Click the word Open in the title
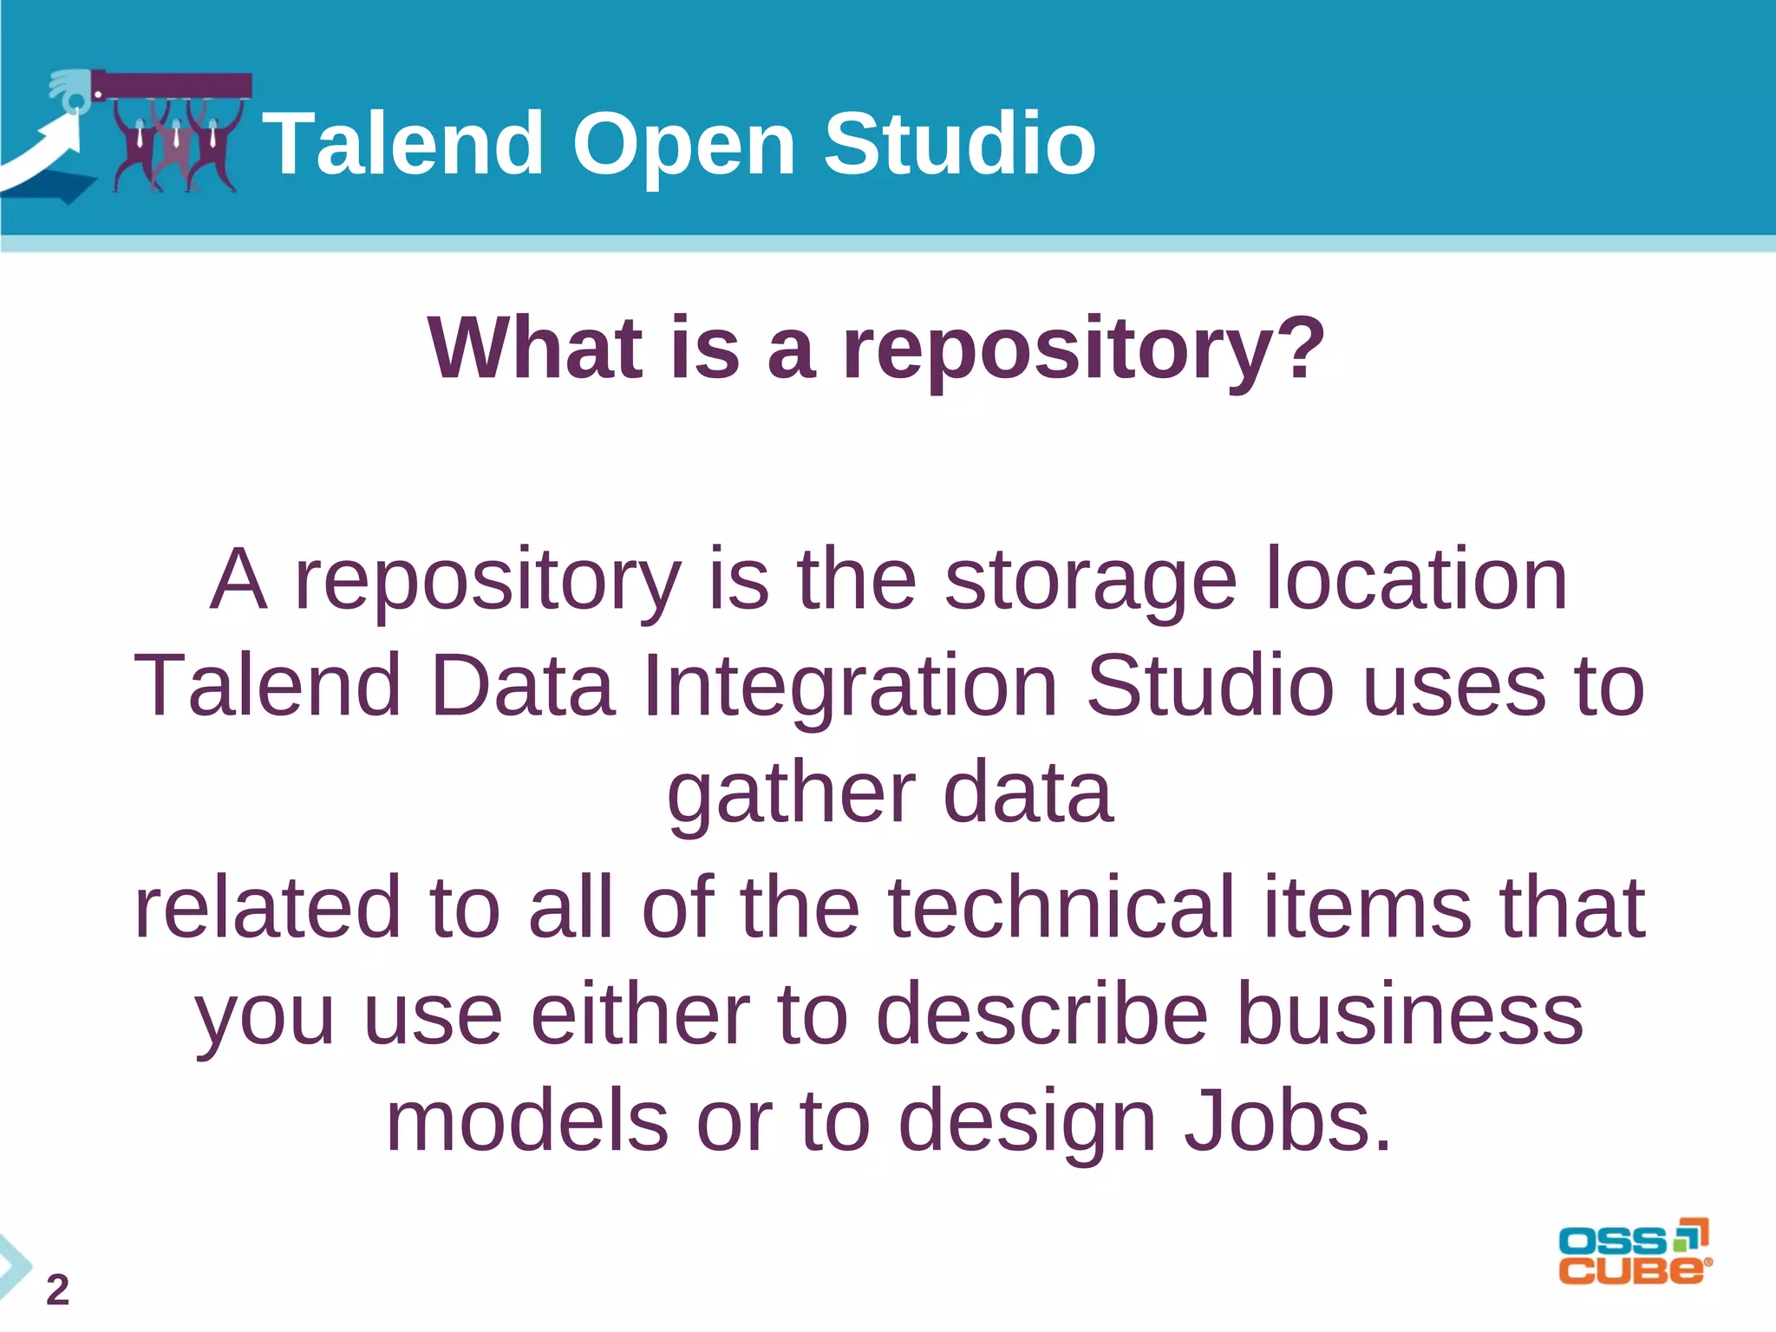[683, 146]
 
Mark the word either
[640, 1015]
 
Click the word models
[527, 1122]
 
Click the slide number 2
[57, 1290]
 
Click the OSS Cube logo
[1634, 1252]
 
